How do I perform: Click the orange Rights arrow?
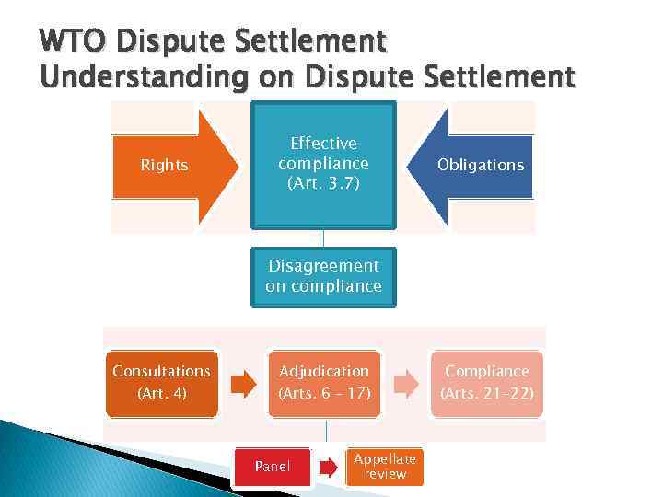tap(170, 166)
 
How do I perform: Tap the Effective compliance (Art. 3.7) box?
tap(324, 164)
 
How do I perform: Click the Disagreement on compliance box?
tap(323, 276)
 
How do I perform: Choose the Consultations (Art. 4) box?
tap(161, 382)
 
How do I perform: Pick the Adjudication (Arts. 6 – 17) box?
tap(324, 382)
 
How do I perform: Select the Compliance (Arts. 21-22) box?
tap(487, 382)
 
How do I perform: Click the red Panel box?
tap(272, 467)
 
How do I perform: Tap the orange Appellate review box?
tap(385, 466)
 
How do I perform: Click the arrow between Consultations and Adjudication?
tap(243, 383)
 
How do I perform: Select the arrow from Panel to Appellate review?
tap(329, 467)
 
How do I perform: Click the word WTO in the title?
tap(74, 42)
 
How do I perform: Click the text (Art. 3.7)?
tap(323, 183)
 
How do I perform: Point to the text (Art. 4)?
tap(161, 393)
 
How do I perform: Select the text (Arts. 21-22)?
tap(487, 393)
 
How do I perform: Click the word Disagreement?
tap(323, 266)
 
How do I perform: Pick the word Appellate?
tap(385, 459)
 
